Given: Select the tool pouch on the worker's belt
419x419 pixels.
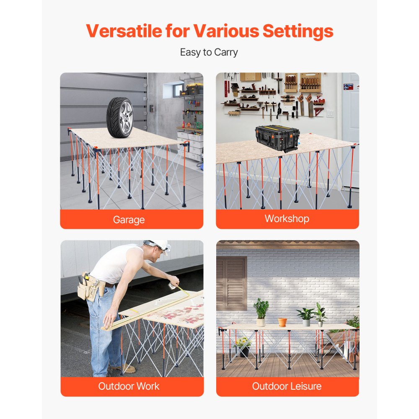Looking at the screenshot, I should coord(89,287).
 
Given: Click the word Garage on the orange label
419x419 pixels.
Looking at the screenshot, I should coord(129,220).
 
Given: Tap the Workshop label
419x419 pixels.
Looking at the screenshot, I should coord(287,219).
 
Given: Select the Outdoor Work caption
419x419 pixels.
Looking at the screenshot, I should coord(129,386).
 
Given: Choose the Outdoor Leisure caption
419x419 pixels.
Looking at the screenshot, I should coord(287,386).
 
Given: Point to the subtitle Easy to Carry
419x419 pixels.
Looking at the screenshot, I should coord(209,52).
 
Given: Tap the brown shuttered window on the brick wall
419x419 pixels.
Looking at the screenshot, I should coord(231,283).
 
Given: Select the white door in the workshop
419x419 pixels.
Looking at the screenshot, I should coord(350,126).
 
